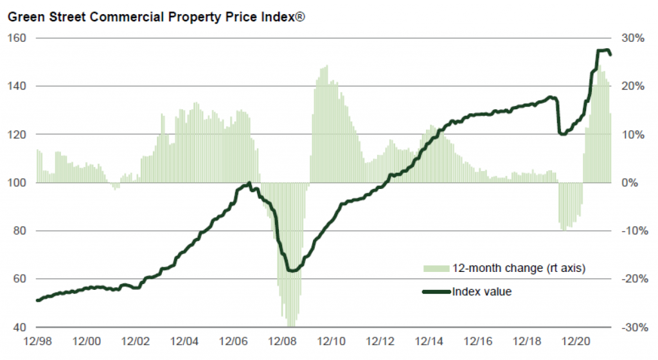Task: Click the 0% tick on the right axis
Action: point(629,183)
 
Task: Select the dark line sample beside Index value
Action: point(436,292)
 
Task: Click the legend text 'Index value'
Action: point(482,292)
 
